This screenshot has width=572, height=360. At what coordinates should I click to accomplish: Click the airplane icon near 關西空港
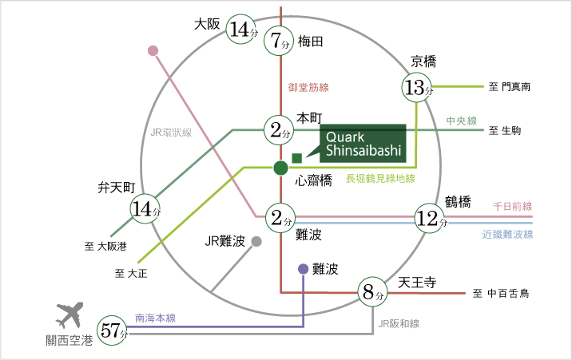(x=70, y=315)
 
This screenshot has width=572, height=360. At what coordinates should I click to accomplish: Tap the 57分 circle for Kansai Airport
(x=111, y=330)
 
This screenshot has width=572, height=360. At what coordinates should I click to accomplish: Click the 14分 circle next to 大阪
(x=241, y=30)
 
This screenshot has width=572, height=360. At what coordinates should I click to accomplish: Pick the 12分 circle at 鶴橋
(x=430, y=218)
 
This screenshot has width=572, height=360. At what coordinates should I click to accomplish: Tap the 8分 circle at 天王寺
(x=371, y=293)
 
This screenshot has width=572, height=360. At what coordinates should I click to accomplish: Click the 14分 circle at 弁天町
(x=146, y=209)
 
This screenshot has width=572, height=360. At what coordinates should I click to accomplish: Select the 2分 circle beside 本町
(x=280, y=129)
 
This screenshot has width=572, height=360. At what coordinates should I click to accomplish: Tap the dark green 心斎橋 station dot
(x=280, y=168)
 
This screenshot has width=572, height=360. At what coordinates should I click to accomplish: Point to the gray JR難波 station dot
(x=256, y=241)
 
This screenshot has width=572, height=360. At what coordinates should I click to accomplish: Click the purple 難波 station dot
(x=303, y=269)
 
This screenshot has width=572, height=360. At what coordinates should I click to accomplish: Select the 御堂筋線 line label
(x=308, y=87)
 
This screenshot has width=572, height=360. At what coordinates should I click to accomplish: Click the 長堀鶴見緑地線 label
(x=379, y=179)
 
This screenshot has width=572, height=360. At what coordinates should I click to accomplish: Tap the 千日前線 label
(x=513, y=206)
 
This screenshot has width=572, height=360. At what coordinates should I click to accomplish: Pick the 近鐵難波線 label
(x=507, y=235)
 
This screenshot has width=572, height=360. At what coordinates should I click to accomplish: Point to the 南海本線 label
(x=156, y=316)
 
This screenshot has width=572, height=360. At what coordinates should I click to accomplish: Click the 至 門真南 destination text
(x=510, y=85)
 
